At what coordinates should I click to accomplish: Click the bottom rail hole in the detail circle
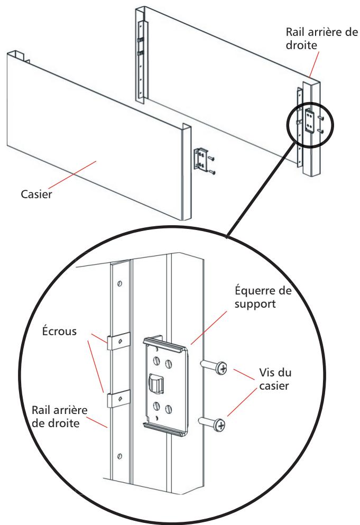tap(118, 455)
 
